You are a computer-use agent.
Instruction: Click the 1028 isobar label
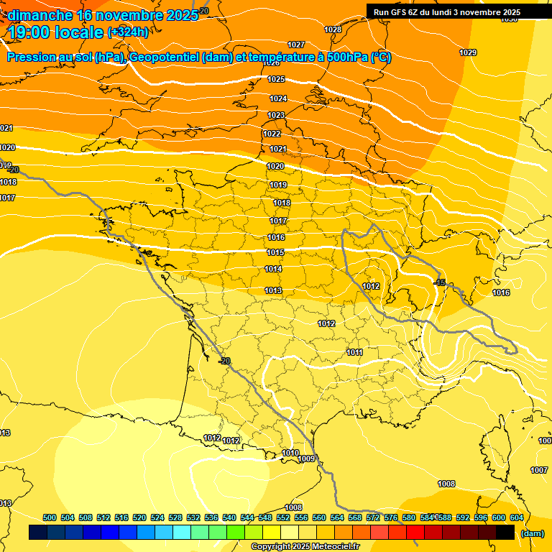tap(333, 29)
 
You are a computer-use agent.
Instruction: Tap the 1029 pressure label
tap(468, 52)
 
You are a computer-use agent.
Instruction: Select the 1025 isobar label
tap(277, 79)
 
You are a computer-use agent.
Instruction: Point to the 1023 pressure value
tap(276, 115)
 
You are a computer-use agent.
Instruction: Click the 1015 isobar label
tap(275, 252)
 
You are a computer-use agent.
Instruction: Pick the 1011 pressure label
tap(354, 352)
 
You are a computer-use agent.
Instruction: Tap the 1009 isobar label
tap(306, 459)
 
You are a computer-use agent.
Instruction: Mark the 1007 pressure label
tap(539, 470)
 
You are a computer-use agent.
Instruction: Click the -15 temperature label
tap(440, 282)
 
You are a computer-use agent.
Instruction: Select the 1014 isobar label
tap(273, 269)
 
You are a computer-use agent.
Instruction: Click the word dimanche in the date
tap(40, 15)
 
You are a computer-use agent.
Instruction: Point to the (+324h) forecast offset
tap(128, 32)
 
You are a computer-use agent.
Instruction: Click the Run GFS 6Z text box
tap(446, 12)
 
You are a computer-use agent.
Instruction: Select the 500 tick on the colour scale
tap(50, 517)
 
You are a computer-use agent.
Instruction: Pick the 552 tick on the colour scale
tap(283, 517)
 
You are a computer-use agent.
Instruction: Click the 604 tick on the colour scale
tap(516, 517)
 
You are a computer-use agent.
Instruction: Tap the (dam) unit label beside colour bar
tap(532, 533)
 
